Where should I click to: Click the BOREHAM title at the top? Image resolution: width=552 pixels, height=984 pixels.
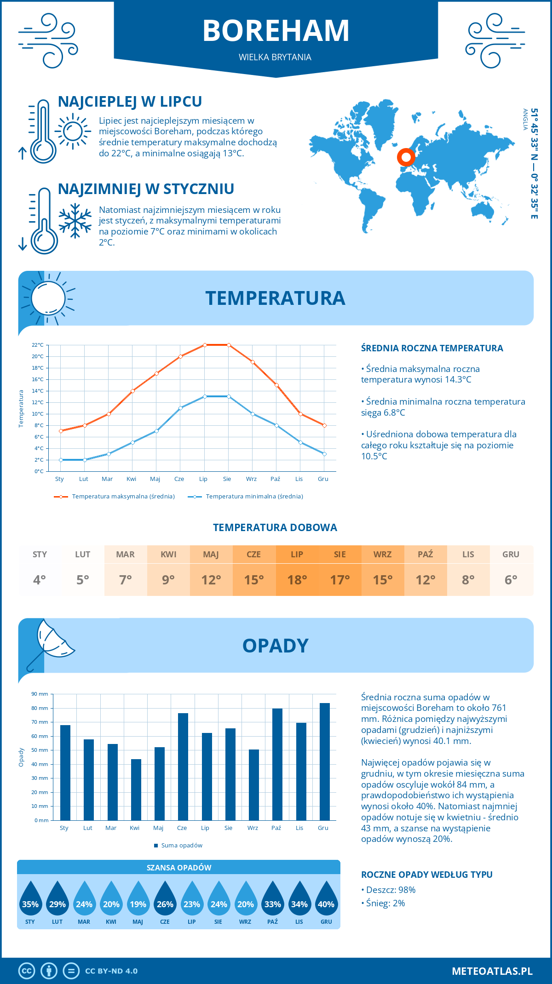[276, 31]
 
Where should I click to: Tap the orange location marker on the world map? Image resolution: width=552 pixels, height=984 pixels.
[406, 157]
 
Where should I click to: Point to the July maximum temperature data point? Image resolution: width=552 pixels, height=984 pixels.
[205, 345]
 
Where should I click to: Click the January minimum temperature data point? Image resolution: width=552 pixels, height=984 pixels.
[61, 460]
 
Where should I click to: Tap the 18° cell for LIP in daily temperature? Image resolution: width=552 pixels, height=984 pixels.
[297, 579]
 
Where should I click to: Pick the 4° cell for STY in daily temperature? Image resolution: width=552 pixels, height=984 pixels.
[40, 579]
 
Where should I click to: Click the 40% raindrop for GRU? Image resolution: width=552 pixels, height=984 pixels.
[326, 900]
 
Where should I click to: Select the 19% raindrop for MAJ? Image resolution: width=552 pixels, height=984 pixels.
[138, 900]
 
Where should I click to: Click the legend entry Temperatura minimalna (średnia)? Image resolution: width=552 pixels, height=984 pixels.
[254, 497]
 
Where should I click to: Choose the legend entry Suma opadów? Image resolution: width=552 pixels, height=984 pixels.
[181, 846]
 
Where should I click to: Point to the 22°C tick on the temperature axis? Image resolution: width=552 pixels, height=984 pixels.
[38, 345]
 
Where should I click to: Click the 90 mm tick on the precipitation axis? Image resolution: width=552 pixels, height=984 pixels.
[40, 694]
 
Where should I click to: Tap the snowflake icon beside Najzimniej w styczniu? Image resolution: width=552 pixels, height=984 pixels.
[75, 220]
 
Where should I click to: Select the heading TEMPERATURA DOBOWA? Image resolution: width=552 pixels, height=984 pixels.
[275, 527]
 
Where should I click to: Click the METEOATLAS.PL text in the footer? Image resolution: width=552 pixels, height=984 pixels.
[492, 971]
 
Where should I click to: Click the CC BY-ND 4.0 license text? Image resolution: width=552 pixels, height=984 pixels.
[111, 971]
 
